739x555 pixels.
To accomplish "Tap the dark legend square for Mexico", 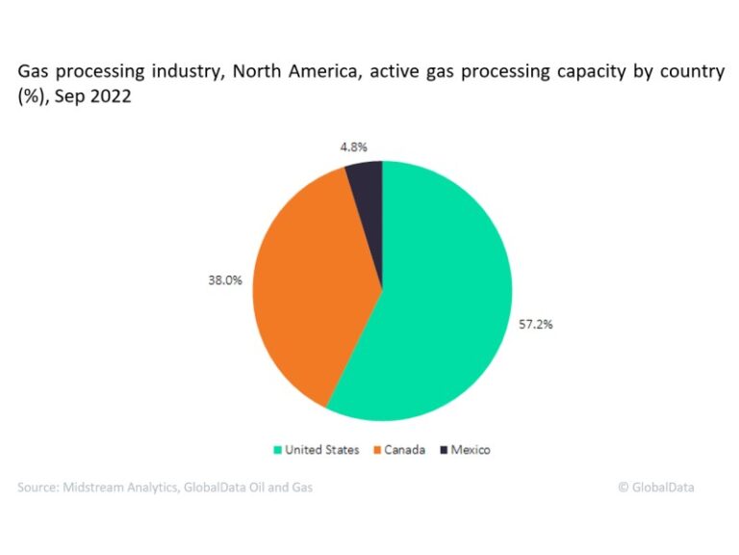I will coord(444,450).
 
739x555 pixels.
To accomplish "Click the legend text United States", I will coord(322,450).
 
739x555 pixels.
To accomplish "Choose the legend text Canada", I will coord(404,450).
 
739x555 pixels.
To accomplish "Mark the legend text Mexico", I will coord(471,450).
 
